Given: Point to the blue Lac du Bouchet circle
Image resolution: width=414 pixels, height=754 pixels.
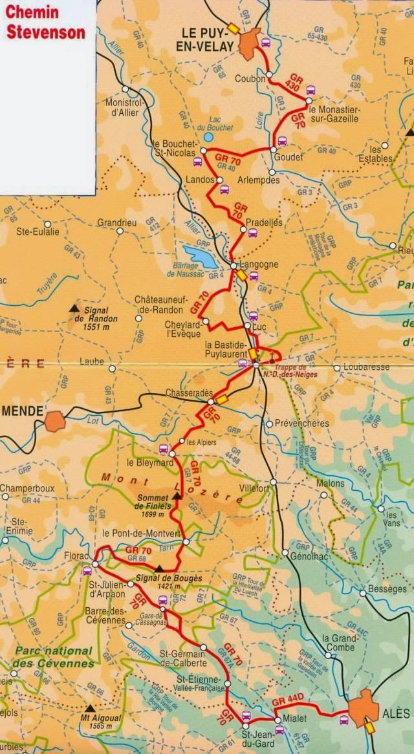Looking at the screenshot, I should pos(208,137).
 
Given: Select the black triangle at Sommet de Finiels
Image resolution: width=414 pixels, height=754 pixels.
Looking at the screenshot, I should pos(177,495).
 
